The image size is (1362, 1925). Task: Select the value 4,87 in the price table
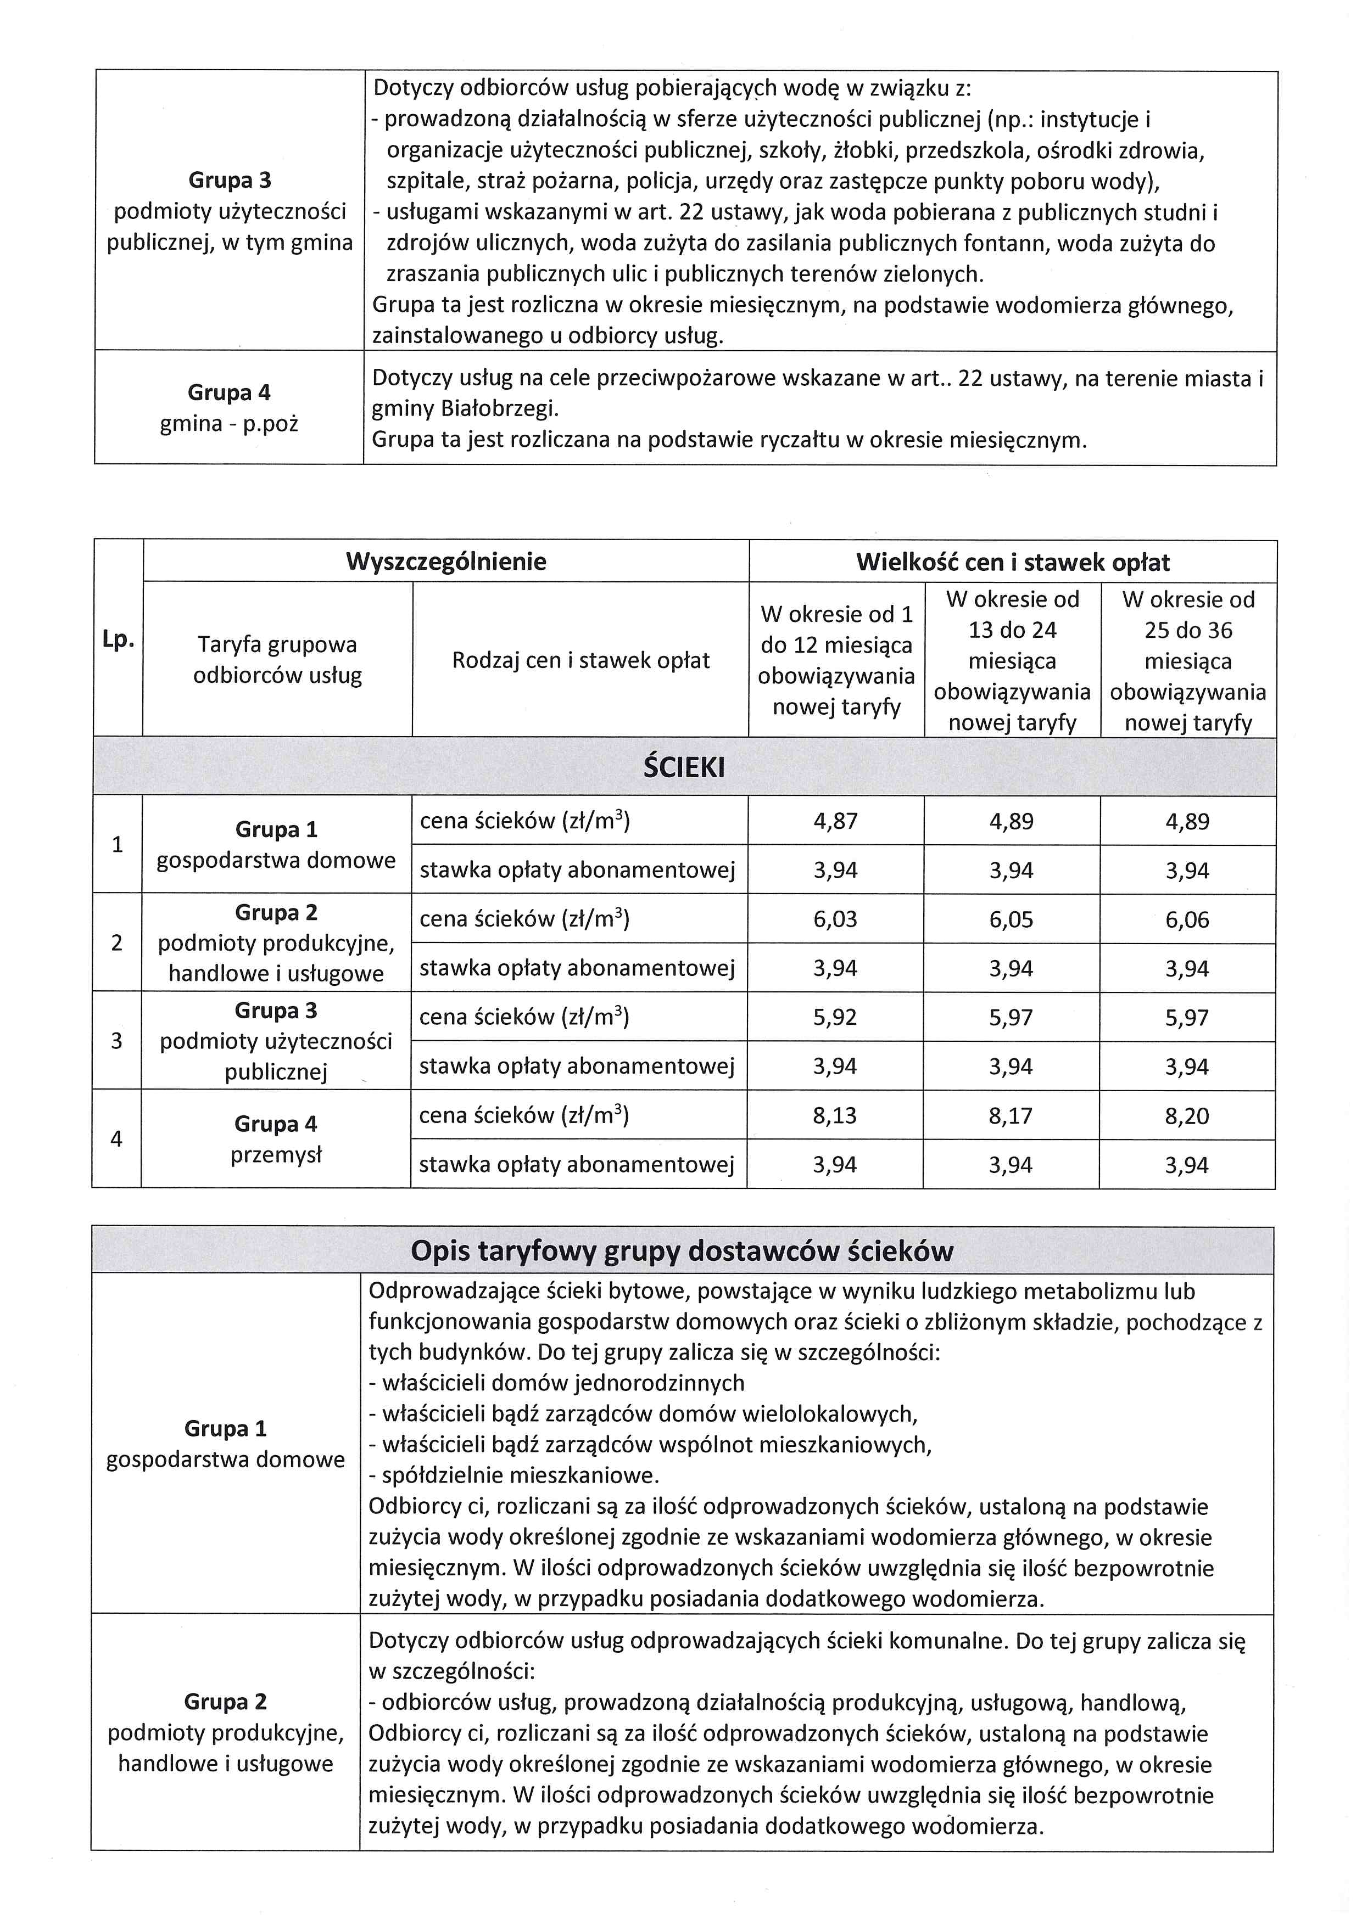835,821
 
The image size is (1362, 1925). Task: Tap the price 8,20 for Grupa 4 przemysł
1187,1116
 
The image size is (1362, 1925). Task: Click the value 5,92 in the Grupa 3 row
835,1017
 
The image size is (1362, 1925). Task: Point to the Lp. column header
118,639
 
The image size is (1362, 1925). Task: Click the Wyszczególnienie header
446,561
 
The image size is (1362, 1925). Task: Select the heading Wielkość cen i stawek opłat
1012,562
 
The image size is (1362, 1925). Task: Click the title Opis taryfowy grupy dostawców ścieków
682,1251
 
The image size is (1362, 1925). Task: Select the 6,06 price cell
1187,920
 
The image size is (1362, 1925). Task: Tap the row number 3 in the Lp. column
116,1041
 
